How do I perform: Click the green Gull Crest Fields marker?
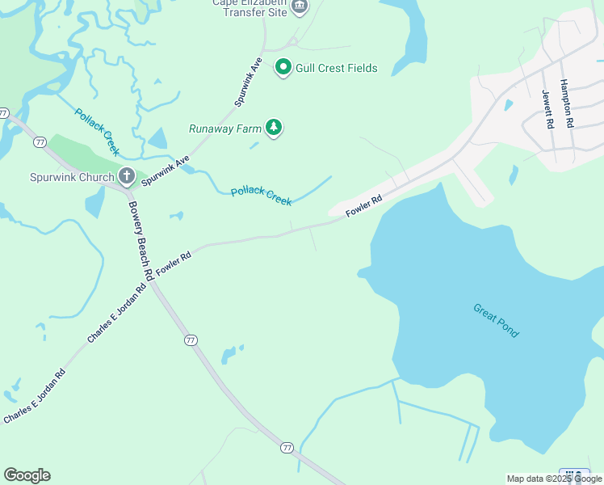coord(283,67)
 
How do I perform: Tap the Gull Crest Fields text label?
coord(337,68)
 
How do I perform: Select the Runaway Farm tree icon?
coord(275,127)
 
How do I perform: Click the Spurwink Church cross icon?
coord(126,175)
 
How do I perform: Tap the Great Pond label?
coord(497,321)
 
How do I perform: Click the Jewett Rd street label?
coord(547,109)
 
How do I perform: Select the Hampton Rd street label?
coord(567,103)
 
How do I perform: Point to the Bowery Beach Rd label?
coord(138,240)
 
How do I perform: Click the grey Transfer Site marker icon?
coord(300,7)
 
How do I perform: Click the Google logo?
coord(27,475)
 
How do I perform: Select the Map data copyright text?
coord(554,479)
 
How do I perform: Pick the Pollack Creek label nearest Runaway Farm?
coord(261,196)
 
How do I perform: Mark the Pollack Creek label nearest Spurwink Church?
coord(97,131)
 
